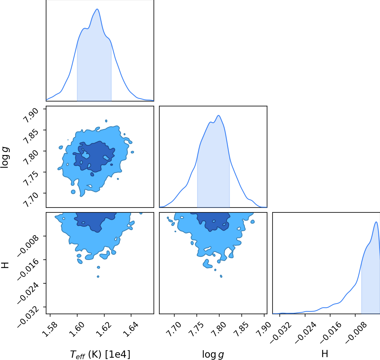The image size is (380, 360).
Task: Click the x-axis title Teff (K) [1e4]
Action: coord(100,355)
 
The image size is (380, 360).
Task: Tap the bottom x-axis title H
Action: coord(325,354)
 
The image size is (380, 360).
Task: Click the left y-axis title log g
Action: coord(5,157)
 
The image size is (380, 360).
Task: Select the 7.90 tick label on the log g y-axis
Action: coord(31,116)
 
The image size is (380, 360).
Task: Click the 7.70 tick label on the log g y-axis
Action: coord(31,200)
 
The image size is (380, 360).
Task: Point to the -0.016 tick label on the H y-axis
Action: coord(28,269)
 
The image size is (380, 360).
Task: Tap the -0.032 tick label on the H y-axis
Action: coord(28,316)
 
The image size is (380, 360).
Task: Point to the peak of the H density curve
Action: coord(376,222)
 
